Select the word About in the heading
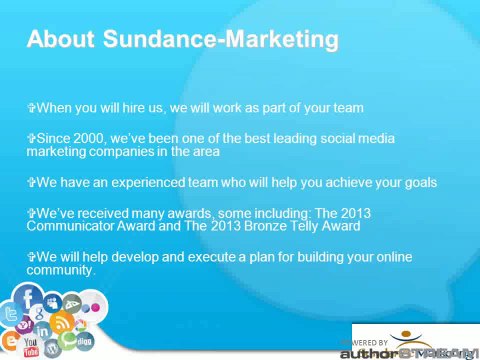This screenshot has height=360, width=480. coord(59,39)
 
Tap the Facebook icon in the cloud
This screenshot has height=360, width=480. coord(28,298)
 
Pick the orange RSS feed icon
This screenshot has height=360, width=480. coord(61,322)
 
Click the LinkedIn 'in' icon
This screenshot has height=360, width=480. coord(42,330)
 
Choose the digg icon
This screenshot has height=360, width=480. coord(84,342)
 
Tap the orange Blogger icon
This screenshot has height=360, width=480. coord(10,339)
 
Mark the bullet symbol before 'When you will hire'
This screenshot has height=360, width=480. coord(32,107)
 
